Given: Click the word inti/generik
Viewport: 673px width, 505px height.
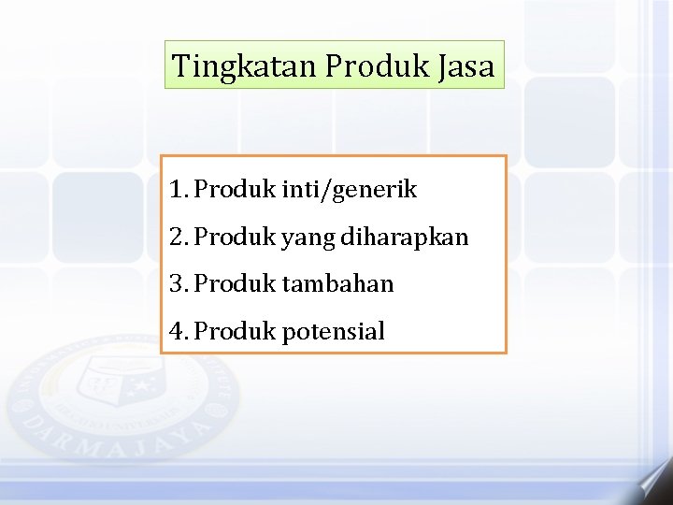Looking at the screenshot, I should point(349,191).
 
